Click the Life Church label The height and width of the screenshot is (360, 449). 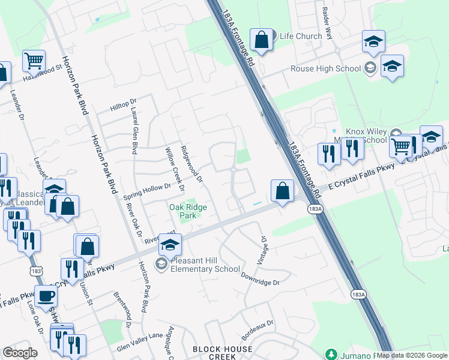301,37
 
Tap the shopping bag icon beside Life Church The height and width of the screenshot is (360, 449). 261,41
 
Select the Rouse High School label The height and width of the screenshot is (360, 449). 325,68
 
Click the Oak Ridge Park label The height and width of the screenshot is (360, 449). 188,211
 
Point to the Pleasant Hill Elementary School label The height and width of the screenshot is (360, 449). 206,265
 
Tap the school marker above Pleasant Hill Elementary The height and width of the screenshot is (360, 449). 170,245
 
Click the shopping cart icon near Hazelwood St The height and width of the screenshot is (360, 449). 34,61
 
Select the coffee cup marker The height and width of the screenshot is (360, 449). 46,296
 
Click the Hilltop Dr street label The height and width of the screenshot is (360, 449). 124,106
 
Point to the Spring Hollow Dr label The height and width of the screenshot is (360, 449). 147,192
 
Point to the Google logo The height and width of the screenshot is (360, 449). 20,353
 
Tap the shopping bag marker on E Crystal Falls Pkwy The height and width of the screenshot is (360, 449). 282,191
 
